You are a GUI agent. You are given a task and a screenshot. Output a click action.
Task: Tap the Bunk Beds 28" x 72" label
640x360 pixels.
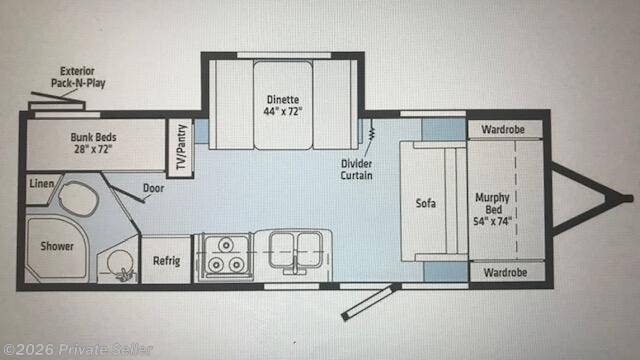click(x=91, y=142)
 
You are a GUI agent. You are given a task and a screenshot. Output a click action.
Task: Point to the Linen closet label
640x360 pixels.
click(x=41, y=184)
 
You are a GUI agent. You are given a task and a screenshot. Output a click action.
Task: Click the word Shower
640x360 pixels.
click(x=57, y=246)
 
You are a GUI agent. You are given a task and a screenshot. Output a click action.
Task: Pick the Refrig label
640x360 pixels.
click(x=166, y=260)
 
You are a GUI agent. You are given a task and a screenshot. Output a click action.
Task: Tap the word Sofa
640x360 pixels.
click(x=427, y=203)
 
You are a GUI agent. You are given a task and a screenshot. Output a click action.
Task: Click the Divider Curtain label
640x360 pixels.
click(x=356, y=168)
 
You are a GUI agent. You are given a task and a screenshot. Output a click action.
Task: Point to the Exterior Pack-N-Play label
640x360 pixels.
click(x=77, y=78)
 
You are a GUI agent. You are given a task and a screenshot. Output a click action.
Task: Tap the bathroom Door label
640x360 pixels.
click(x=153, y=187)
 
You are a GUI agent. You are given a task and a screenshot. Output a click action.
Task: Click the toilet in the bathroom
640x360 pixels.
click(x=78, y=198)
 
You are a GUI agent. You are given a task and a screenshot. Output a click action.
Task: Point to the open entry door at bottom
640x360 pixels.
click(x=370, y=301)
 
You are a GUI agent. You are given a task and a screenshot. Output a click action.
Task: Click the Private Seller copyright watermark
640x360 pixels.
click(x=79, y=347)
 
